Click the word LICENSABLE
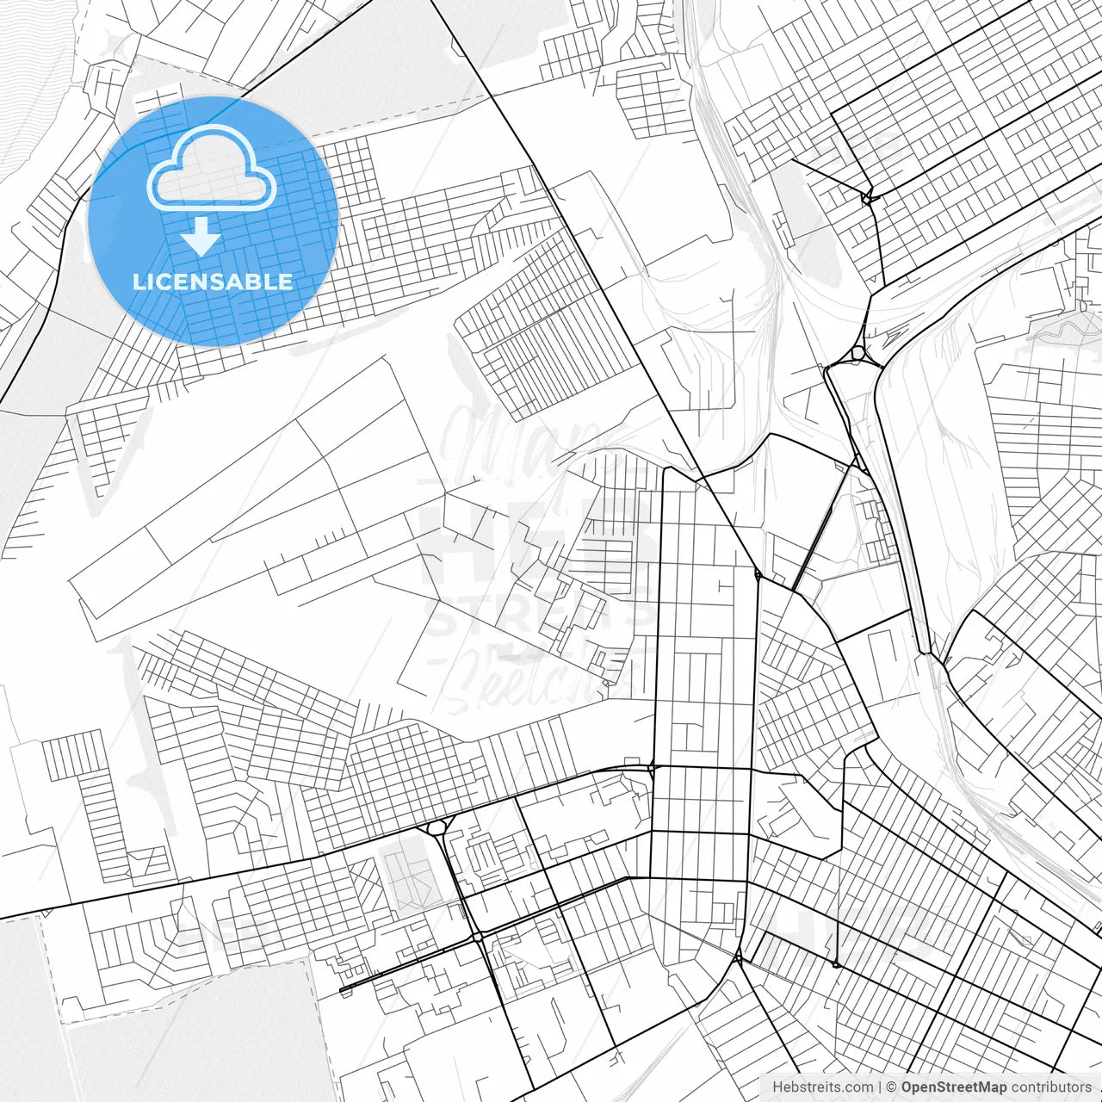[x=212, y=282]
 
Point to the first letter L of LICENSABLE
[x=138, y=282]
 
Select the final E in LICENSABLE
[x=286, y=282]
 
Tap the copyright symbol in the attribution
[x=892, y=1087]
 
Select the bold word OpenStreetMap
[x=954, y=1087]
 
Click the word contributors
[x=1051, y=1087]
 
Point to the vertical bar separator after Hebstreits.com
[x=880, y=1087]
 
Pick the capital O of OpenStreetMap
[x=907, y=1087]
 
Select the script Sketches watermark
[x=542, y=676]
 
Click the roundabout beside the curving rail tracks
[x=858, y=353]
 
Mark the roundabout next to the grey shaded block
[x=436, y=828]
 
